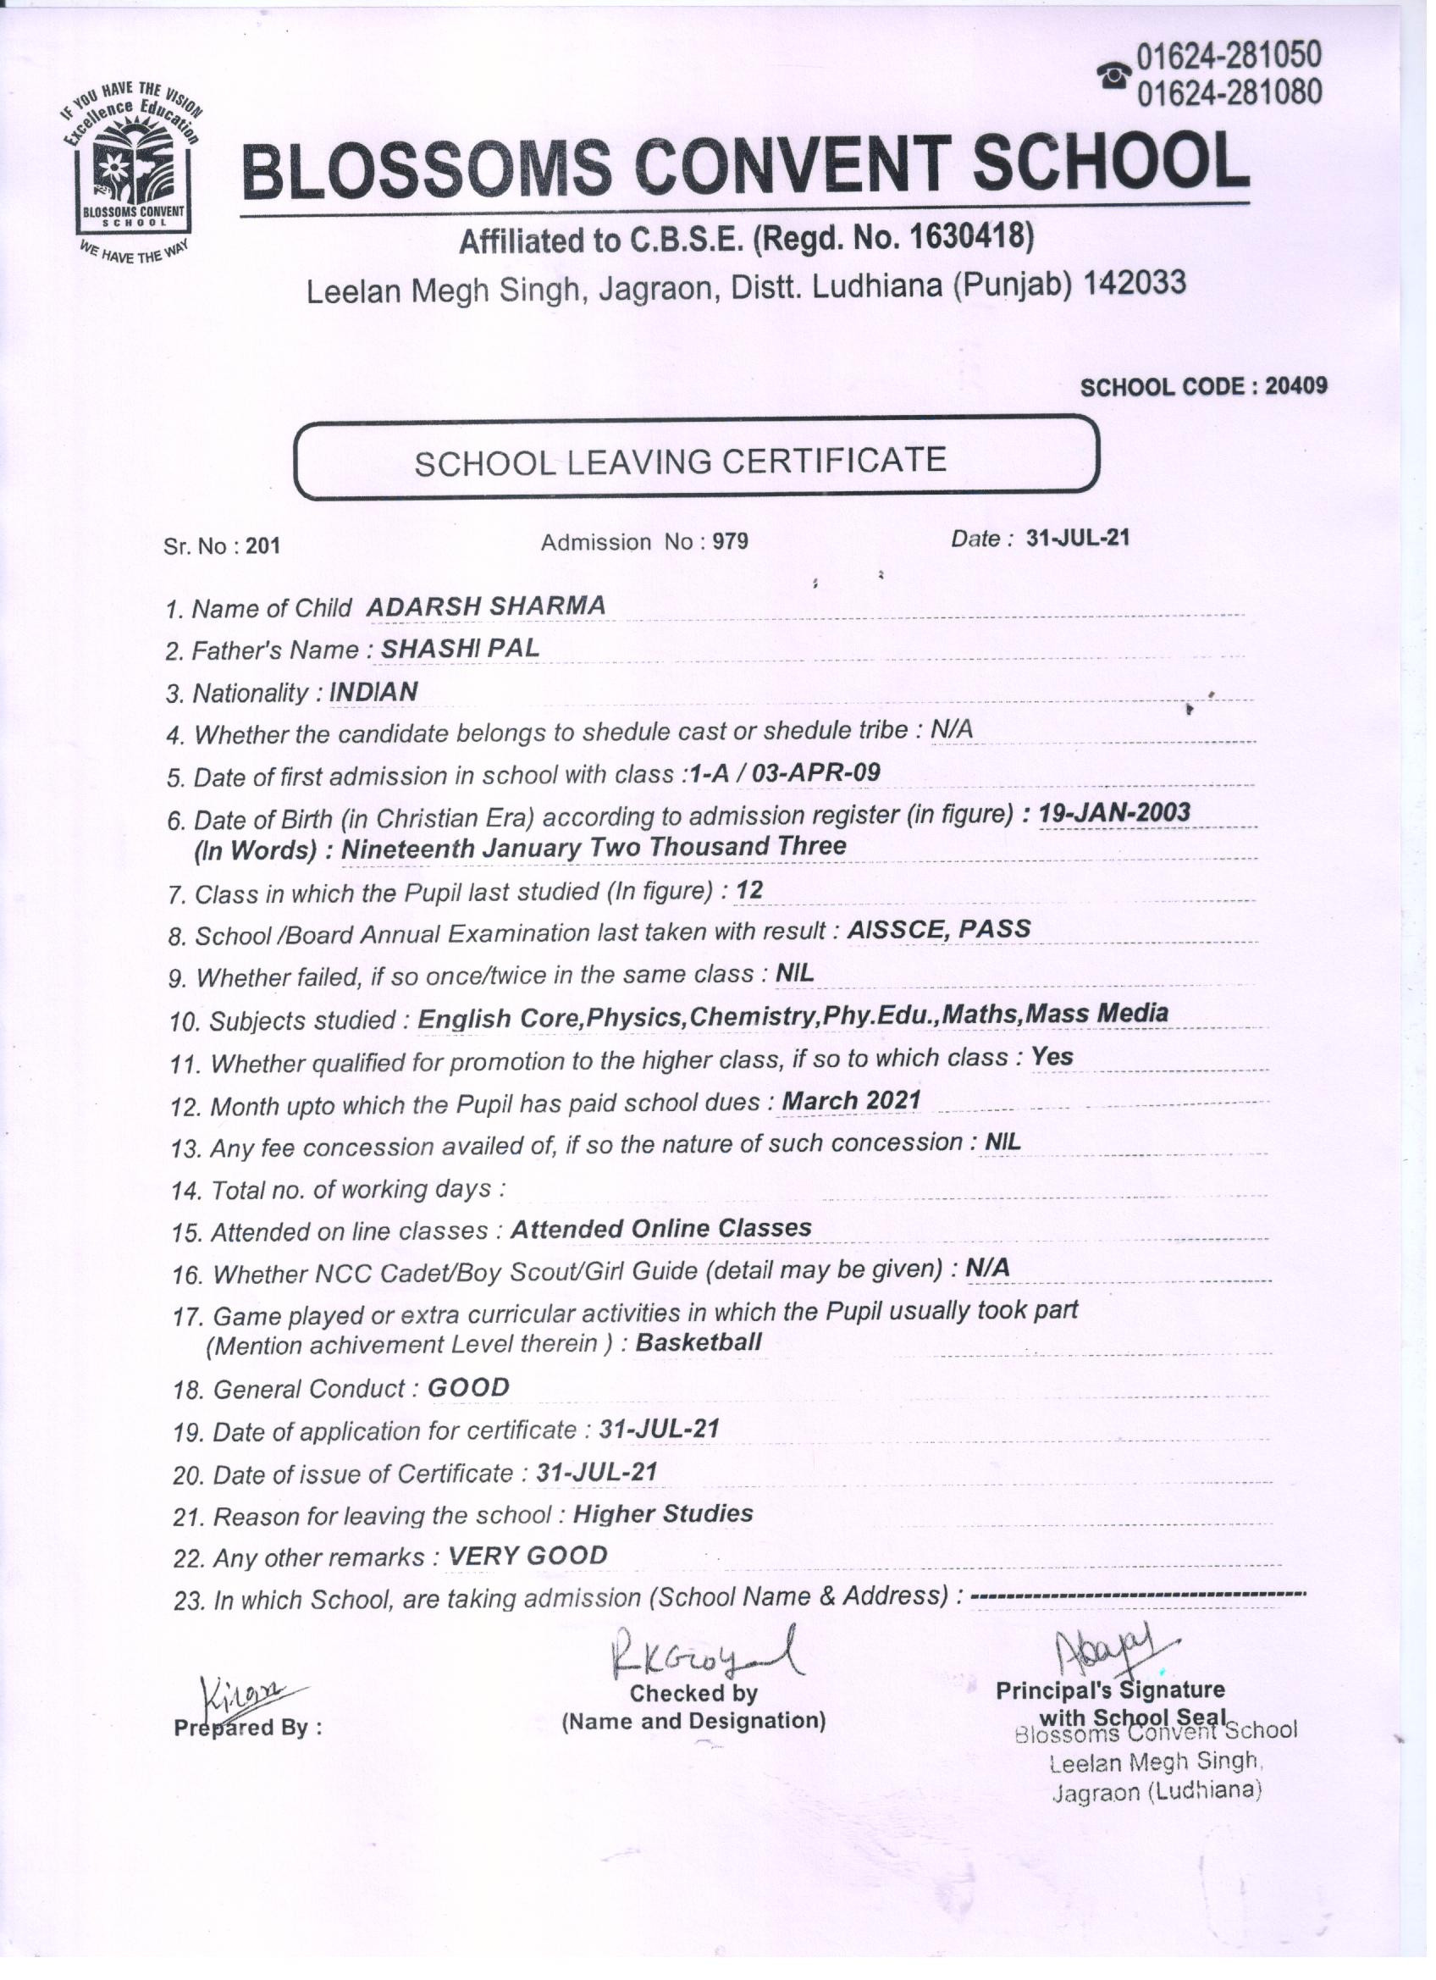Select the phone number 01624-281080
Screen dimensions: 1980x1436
pos(1229,91)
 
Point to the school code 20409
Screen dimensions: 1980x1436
pos(1295,386)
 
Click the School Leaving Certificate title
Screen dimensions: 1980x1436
pos(680,461)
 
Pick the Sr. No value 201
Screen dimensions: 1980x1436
pos(262,546)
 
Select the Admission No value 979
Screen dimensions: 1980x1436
pos(730,542)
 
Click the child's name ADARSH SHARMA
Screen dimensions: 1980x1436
pos(485,606)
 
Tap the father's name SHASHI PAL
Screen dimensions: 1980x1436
pos(460,648)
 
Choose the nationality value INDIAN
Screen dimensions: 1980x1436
pos(373,691)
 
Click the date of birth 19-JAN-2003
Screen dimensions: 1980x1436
pos(1114,813)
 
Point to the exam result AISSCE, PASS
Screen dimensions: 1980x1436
pos(938,929)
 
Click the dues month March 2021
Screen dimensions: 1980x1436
pos(851,1101)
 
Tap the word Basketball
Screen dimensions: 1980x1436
pos(699,1342)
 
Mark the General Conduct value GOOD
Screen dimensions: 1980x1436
pos(468,1387)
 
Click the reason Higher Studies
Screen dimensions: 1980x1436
pos(663,1514)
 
